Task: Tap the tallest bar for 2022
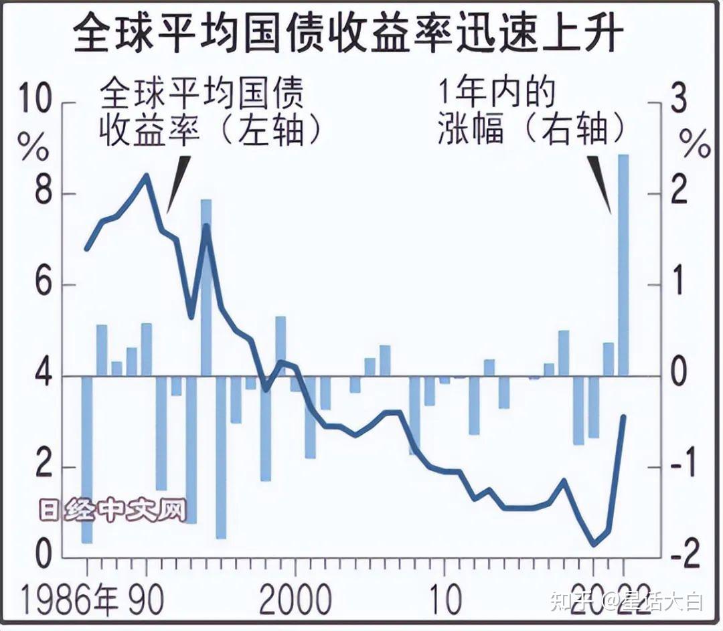[x=623, y=264]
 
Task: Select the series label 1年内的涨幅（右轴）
[x=532, y=110]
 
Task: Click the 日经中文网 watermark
[x=111, y=511]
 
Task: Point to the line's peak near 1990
[x=146, y=175]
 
